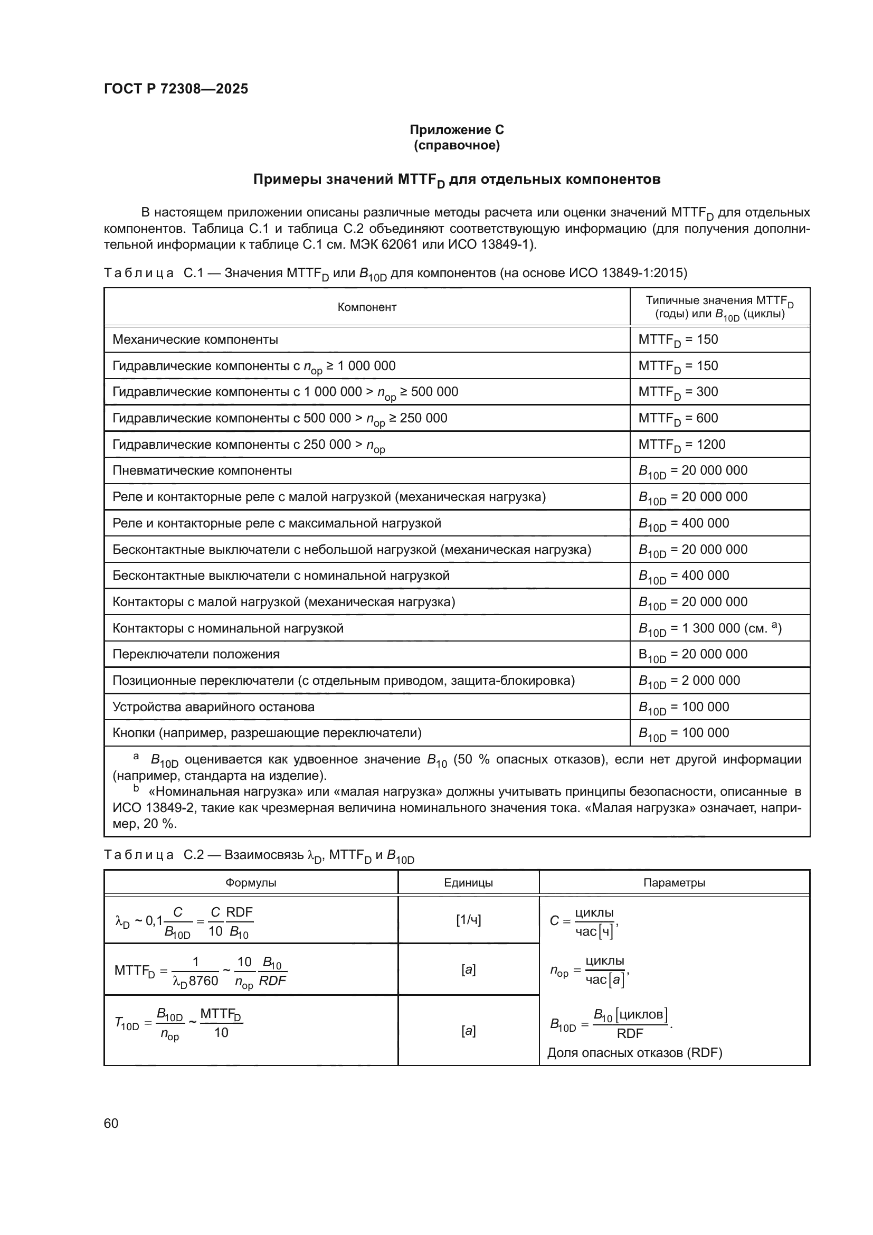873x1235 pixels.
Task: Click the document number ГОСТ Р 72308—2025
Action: coord(176,89)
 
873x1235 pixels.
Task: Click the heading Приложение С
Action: coord(457,130)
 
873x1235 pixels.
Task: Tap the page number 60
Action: coord(111,1123)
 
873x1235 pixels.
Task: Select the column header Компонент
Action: coord(367,307)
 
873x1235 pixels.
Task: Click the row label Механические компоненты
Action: coord(195,340)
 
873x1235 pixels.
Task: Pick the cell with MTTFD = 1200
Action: coord(681,445)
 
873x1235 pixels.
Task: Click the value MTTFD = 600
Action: coord(678,419)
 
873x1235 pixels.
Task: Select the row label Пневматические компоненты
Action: coord(202,470)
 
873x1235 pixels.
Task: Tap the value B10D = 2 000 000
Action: coord(689,681)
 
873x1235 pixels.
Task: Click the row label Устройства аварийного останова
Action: coord(213,707)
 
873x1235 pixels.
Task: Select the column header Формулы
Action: coord(251,883)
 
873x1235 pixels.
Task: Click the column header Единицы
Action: coord(468,883)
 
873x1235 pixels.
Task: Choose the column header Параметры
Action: coord(674,883)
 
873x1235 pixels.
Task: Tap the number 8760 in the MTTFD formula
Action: coord(203,981)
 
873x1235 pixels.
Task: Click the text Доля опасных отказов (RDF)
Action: coord(634,1053)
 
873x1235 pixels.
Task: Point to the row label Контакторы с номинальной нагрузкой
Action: coord(228,628)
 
